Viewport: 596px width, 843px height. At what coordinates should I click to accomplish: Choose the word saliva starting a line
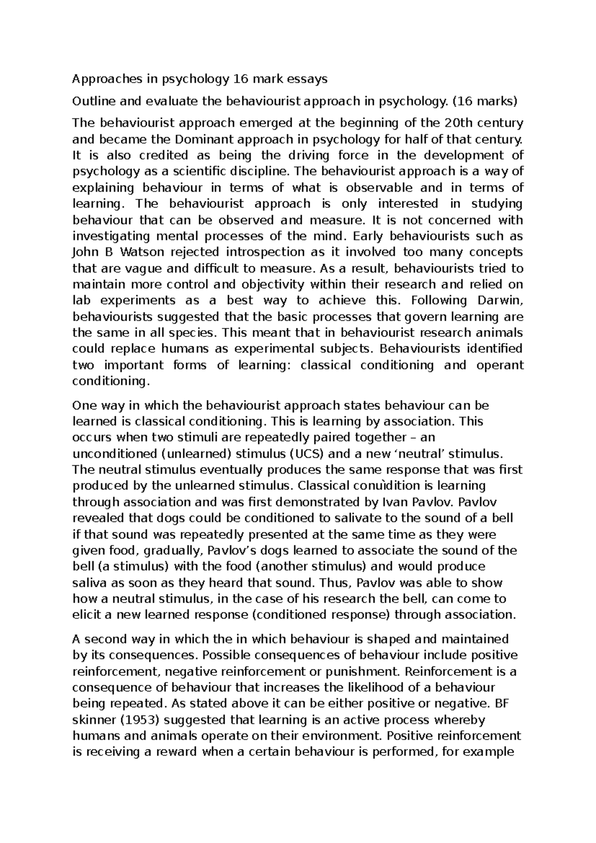(88, 583)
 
